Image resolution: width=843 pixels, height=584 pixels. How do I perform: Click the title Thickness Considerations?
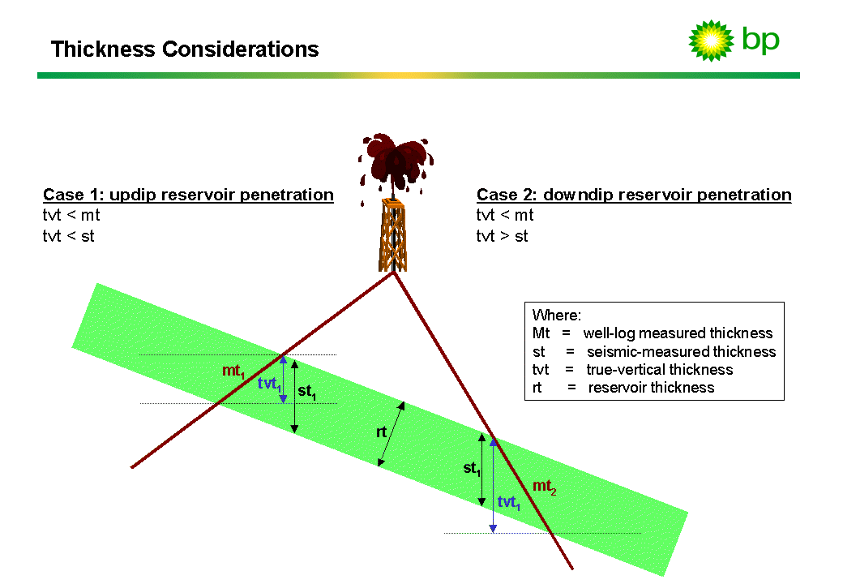(185, 49)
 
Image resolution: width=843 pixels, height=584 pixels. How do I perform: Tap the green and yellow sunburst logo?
(711, 41)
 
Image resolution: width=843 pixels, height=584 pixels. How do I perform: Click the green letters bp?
(760, 40)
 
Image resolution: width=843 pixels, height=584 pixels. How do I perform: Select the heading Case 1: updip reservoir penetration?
(188, 195)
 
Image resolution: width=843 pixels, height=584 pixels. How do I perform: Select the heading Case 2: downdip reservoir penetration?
(634, 195)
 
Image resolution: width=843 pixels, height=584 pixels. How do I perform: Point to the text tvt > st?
(503, 237)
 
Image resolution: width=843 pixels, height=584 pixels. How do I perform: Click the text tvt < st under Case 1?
(69, 237)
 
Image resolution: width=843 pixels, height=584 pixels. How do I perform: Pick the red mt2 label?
(544, 487)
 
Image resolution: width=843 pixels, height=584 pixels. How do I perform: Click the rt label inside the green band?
(381, 432)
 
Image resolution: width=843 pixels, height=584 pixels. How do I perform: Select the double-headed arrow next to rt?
(392, 433)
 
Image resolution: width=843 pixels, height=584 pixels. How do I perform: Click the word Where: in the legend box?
(557, 316)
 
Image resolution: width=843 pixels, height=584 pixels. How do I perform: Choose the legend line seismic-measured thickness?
(681, 351)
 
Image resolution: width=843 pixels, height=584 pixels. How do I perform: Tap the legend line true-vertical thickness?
(660, 369)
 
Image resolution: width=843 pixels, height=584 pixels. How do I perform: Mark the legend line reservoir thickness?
(651, 387)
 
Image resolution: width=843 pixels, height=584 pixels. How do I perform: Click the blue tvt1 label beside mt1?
(269, 384)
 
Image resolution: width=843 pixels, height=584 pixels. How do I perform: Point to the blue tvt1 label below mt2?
(509, 502)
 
